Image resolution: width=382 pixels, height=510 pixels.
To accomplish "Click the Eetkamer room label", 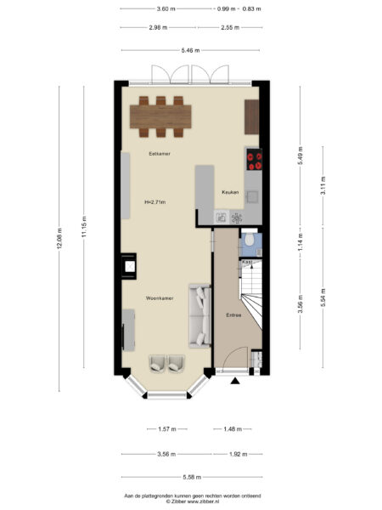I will point(160,153).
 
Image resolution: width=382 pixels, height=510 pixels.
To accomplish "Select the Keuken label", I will point(230,192).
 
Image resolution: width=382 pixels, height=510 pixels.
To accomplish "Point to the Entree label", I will point(233,315).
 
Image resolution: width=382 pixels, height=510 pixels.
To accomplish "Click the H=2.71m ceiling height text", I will point(155,202).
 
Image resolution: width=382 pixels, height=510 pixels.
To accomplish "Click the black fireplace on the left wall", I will point(130,268).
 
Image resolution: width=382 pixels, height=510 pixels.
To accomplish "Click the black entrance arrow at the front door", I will point(235,381).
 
